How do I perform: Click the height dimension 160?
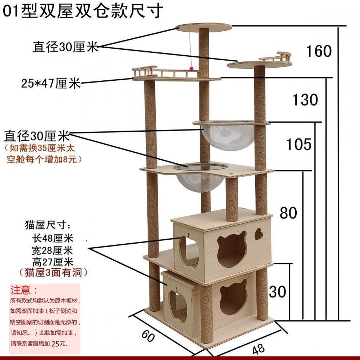[319, 51]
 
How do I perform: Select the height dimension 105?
[299, 144]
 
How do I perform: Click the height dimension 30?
[277, 292]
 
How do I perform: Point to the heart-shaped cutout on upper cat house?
[259, 234]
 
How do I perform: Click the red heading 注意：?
[24, 290]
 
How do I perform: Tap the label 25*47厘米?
[51, 84]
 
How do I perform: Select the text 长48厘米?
[53, 239]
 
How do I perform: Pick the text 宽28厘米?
[53, 250]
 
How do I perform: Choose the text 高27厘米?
[53, 261]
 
